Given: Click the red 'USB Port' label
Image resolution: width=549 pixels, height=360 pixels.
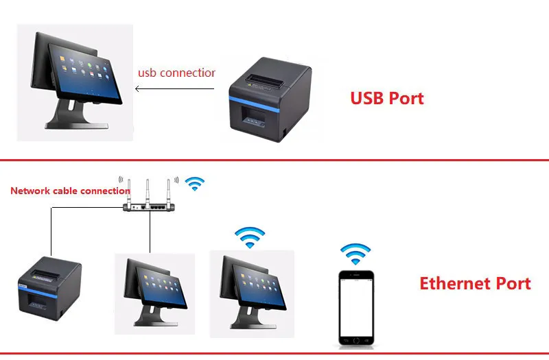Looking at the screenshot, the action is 387,98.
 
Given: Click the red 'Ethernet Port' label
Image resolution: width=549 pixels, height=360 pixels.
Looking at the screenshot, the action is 475,283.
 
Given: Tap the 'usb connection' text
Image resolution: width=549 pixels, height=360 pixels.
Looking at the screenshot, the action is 176,73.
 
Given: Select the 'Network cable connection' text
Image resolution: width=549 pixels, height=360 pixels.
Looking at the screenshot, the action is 70,191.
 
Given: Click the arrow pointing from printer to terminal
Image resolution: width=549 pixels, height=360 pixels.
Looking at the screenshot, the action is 172,88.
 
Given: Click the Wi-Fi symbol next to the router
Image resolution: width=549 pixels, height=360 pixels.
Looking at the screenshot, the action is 196,183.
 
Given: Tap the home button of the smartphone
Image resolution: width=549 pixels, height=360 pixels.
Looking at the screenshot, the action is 357,341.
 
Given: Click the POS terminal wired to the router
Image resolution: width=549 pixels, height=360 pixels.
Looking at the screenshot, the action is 154,291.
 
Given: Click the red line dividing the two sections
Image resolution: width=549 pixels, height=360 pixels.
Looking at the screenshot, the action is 274,160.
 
